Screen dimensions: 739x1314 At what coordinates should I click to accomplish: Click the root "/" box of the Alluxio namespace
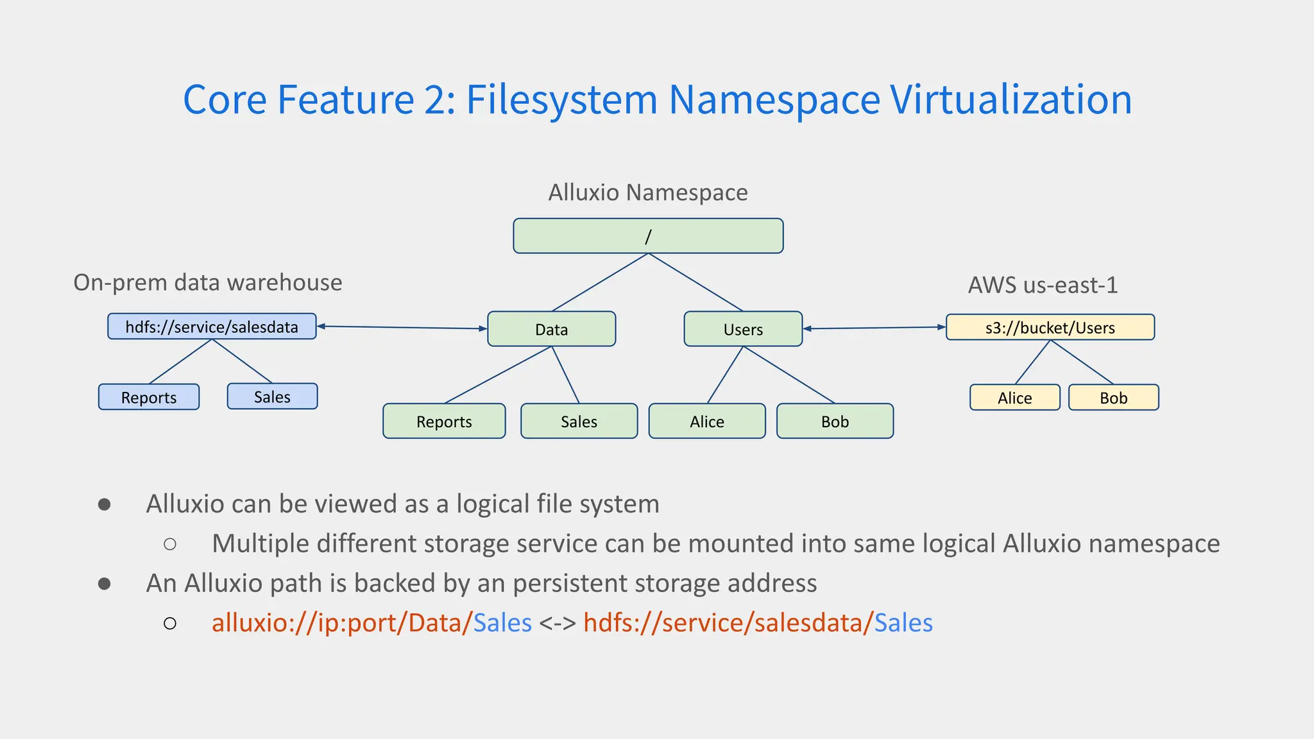click(x=648, y=236)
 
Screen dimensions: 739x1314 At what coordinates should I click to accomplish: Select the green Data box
click(x=552, y=329)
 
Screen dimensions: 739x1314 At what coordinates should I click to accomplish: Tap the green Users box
click(x=743, y=329)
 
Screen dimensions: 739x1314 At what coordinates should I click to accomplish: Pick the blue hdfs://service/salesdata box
click(x=212, y=327)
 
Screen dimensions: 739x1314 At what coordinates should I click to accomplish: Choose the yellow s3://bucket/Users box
click(x=1050, y=327)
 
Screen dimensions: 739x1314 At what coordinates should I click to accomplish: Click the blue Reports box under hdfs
click(x=149, y=397)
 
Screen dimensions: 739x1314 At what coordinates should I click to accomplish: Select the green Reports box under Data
click(x=444, y=421)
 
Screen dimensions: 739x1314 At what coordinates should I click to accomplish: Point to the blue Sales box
click(x=272, y=396)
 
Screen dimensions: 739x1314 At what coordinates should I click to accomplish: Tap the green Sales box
click(x=579, y=421)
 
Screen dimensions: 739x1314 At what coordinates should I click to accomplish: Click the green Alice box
click(x=707, y=421)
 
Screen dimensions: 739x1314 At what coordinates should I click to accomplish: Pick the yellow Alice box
click(x=1014, y=398)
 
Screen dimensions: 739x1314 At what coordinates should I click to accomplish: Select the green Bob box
click(x=835, y=421)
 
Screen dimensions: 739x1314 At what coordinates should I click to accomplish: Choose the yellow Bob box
click(x=1113, y=398)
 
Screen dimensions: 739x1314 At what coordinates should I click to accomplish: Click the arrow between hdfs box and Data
click(x=402, y=328)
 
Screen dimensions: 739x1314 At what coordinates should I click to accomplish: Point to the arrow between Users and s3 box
click(x=875, y=328)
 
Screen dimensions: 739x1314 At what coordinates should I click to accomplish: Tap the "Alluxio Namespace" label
click(x=648, y=192)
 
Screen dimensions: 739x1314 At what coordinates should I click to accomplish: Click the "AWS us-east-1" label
click(x=1043, y=285)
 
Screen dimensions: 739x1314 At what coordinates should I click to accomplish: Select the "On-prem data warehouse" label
click(x=208, y=282)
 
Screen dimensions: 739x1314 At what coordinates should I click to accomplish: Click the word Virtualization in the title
click(x=1011, y=99)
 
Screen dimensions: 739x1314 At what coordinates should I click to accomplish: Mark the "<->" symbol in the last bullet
click(x=557, y=623)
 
